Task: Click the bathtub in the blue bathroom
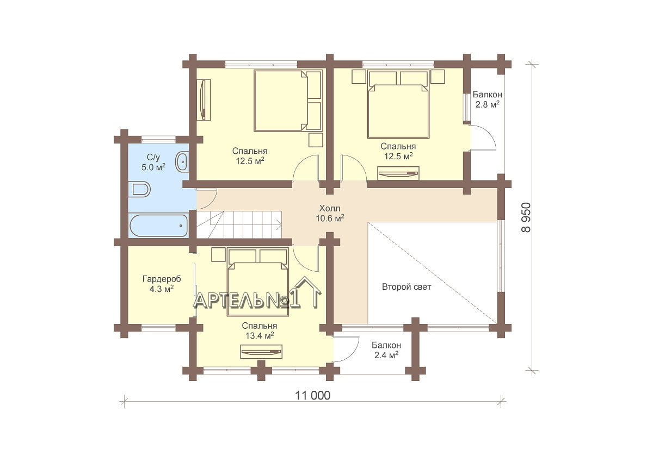click(159, 226)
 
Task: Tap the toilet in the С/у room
click(139, 189)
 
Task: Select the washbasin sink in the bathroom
click(182, 162)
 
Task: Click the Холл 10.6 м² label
click(330, 214)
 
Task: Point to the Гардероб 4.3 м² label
click(162, 284)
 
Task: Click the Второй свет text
click(406, 287)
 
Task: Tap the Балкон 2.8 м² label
click(488, 99)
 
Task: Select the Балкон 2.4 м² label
click(386, 350)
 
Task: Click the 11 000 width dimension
click(313, 396)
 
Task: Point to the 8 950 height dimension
click(526, 217)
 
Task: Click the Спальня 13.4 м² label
click(259, 330)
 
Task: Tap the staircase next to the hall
click(239, 224)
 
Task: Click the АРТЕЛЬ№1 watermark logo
click(257, 294)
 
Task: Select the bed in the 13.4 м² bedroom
click(258, 282)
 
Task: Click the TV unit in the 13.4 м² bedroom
click(261, 352)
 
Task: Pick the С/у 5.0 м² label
click(153, 162)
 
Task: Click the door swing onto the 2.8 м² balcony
click(483, 137)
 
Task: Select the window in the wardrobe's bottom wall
click(158, 328)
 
